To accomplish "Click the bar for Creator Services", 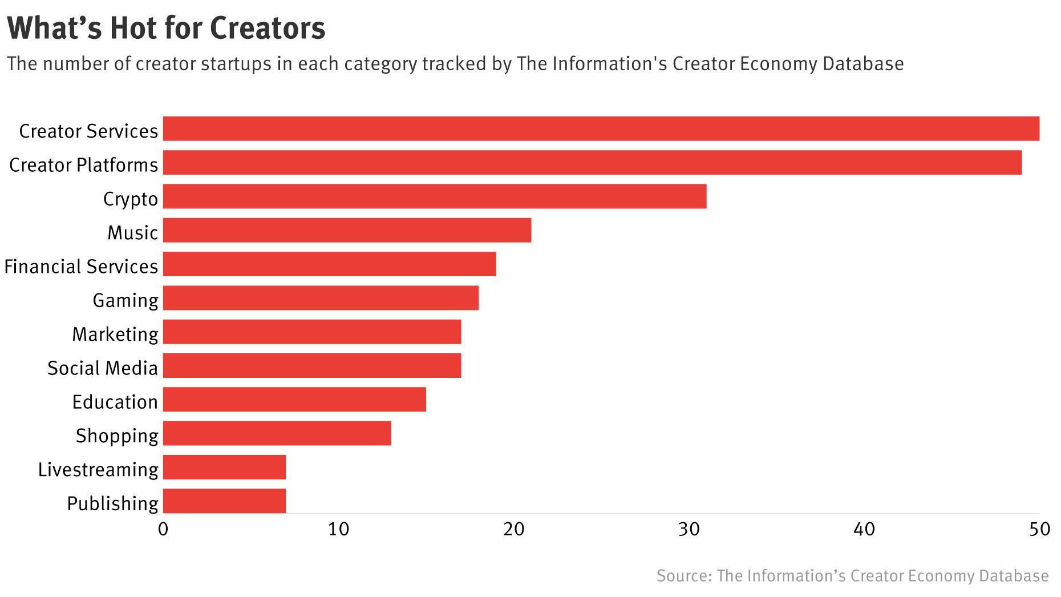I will point(601,128).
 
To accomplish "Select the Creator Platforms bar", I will point(592,163).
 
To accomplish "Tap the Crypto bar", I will point(435,196).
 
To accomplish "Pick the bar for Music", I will point(347,230).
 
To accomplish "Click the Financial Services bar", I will point(329,264).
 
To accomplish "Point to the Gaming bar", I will point(321,298).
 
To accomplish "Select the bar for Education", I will point(294,400).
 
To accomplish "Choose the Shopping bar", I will point(277,433).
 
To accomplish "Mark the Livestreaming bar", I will point(224,467).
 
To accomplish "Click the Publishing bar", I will point(224,501).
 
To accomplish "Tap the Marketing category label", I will point(115,334).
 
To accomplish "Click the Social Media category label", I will point(102,368).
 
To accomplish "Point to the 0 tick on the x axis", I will point(163,529).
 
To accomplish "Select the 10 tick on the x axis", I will point(338,529).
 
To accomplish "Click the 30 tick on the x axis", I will point(689,529).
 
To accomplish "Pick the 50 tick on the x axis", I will point(1039,529).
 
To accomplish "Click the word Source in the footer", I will point(682,576).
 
